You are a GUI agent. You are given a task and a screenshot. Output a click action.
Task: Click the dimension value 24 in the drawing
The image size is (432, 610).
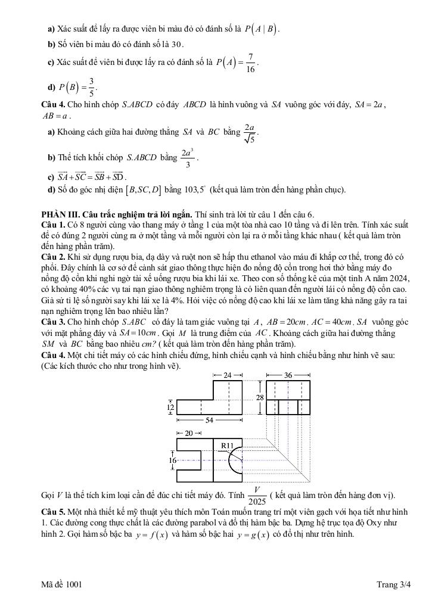click(x=228, y=375)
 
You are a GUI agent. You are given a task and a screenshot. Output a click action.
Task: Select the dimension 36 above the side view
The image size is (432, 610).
click(x=288, y=375)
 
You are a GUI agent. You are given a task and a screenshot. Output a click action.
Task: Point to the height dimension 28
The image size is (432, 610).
click(x=260, y=397)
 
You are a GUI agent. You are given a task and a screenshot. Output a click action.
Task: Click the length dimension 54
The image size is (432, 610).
click(x=209, y=421)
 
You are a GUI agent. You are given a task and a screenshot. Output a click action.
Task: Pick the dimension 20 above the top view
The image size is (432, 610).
click(x=188, y=433)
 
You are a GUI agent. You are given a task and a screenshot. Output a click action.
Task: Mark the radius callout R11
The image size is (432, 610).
click(x=227, y=445)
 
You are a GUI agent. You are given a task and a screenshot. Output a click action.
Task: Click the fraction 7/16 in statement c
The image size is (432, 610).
click(x=251, y=63)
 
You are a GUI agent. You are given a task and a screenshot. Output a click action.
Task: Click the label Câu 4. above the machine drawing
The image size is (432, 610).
click(x=52, y=355)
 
